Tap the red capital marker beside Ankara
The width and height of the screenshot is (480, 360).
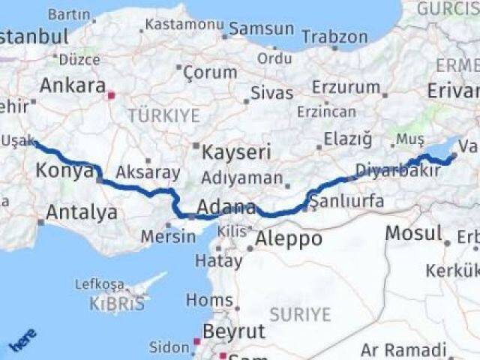[112, 95]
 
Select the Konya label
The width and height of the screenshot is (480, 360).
[63, 172]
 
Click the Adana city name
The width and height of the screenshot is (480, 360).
[226, 207]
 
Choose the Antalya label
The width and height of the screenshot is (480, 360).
[82, 212]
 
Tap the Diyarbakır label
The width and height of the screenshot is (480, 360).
[409, 170]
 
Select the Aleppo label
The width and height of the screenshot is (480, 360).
[289, 239]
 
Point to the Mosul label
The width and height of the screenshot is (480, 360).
[412, 233]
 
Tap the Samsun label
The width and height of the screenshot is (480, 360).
[261, 28]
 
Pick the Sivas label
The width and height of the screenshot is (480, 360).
[271, 94]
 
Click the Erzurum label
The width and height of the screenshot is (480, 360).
[346, 87]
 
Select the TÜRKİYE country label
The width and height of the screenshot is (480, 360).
[163, 116]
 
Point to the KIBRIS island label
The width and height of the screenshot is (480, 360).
[116, 304]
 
